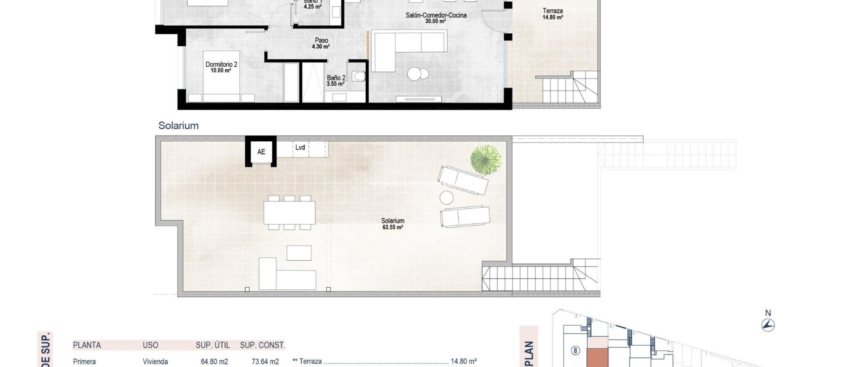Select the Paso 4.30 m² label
point(321,43)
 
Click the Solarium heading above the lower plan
point(178,126)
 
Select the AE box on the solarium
point(261,152)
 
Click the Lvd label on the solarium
point(300,148)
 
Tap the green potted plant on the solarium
point(485,160)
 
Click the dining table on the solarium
point(289,213)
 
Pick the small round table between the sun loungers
point(446,198)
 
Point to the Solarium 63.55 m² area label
point(392,224)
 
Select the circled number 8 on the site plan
point(575,350)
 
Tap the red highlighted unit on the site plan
point(597,357)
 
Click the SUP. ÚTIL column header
point(213,345)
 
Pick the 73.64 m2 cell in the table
point(265,362)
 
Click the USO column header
point(151,345)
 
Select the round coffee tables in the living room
point(418,74)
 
